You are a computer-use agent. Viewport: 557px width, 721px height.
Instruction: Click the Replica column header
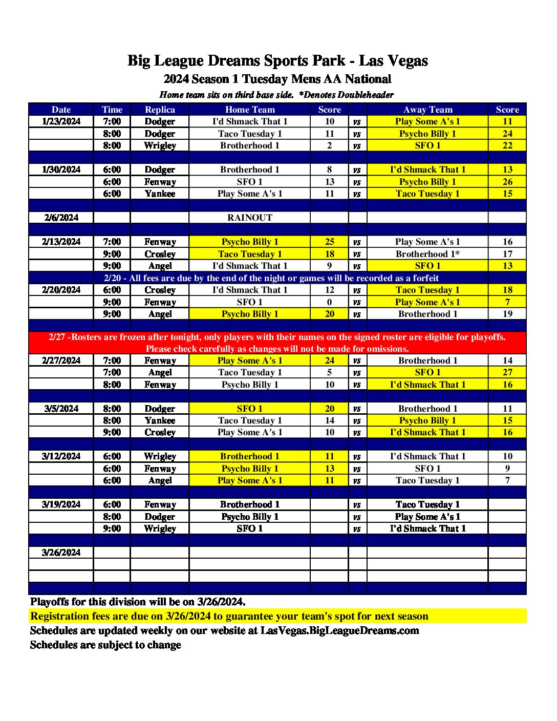click(x=160, y=110)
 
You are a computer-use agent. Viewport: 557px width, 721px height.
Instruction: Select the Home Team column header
click(x=250, y=110)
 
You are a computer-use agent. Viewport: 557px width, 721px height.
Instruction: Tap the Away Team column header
click(x=427, y=110)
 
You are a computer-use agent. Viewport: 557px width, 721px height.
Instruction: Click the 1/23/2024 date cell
click(x=61, y=121)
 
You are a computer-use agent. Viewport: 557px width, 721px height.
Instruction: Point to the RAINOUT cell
click(x=250, y=218)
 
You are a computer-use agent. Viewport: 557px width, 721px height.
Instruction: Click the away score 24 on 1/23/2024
click(x=507, y=134)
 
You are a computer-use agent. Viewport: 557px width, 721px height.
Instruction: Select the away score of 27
click(x=507, y=372)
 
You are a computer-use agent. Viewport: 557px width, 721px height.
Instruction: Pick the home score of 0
click(x=329, y=302)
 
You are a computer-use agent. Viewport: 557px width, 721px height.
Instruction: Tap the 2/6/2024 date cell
click(x=61, y=218)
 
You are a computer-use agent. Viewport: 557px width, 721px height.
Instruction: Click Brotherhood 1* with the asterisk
click(x=427, y=254)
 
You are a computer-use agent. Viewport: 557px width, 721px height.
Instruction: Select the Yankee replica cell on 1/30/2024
click(x=160, y=194)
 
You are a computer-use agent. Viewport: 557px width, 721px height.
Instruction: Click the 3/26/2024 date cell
click(x=61, y=553)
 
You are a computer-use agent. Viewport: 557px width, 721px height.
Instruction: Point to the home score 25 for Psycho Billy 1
click(x=329, y=242)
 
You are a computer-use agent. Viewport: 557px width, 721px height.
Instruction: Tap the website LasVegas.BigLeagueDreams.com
click(x=339, y=630)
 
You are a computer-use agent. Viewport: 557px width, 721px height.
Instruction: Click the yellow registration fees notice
click(x=229, y=616)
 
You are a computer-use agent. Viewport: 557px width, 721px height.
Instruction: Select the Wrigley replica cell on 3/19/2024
click(x=160, y=528)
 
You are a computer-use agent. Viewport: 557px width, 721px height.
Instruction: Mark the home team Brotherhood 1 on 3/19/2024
click(x=250, y=504)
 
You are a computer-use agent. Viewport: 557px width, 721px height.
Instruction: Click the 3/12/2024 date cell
click(x=61, y=456)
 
